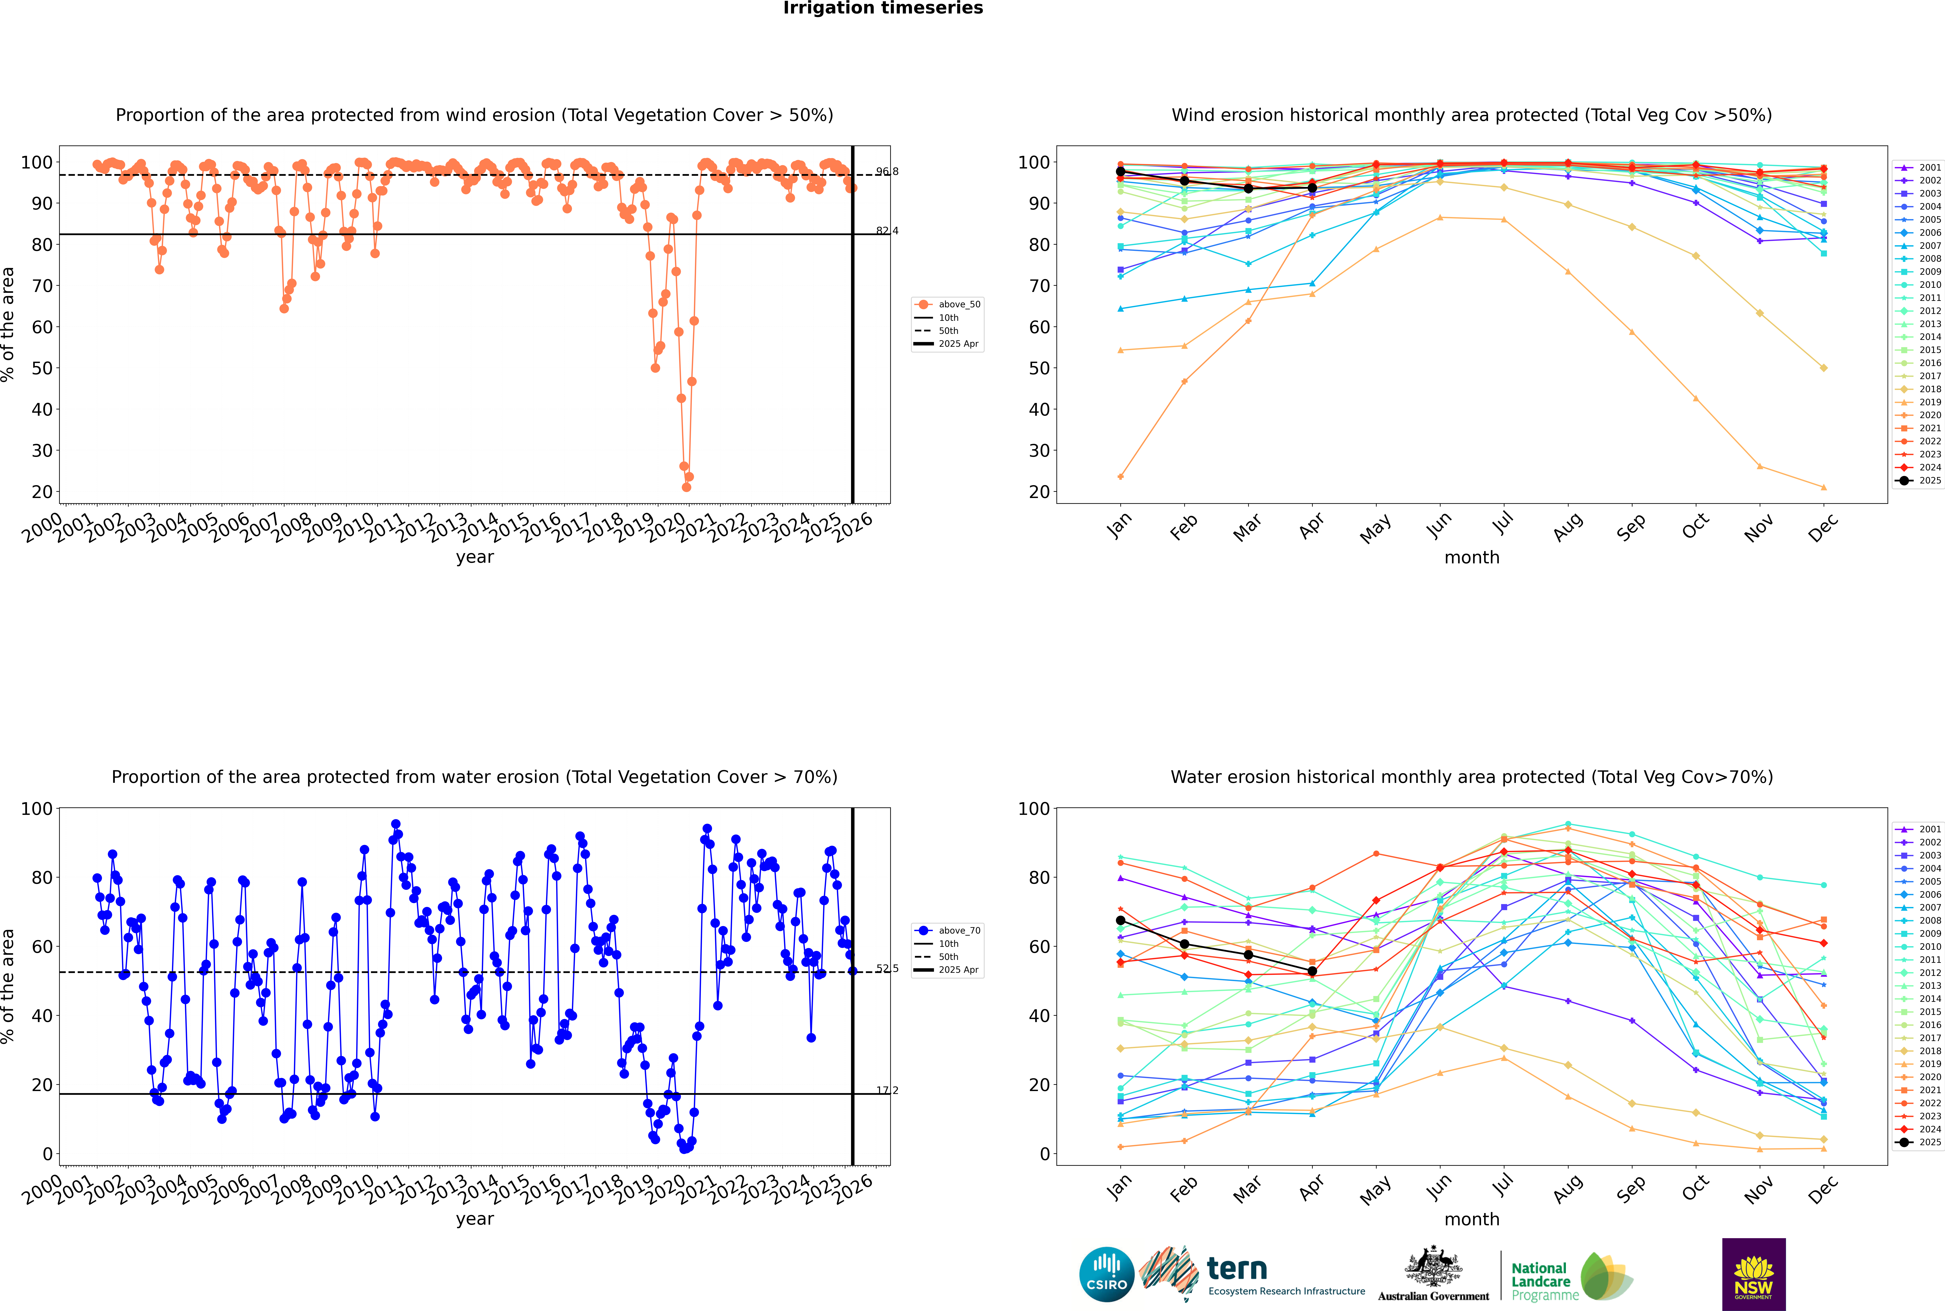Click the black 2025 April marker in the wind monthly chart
pos(1312,188)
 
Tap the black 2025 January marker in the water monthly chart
pos(1121,920)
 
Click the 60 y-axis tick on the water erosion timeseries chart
pos(42,946)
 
